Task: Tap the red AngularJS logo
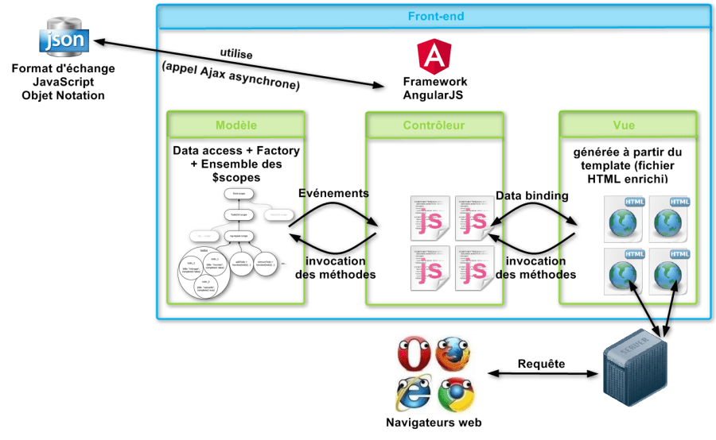[434, 56]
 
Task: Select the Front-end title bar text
[435, 16]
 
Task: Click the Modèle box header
[236, 125]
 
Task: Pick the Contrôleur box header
[434, 125]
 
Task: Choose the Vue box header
[625, 125]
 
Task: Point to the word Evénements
[333, 193]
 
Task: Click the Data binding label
[531, 195]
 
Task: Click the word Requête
[542, 364]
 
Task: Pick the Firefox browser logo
[452, 355]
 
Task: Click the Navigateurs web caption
[434, 423]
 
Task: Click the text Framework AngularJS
[434, 88]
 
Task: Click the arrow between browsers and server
[542, 374]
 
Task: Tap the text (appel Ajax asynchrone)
[230, 74]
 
